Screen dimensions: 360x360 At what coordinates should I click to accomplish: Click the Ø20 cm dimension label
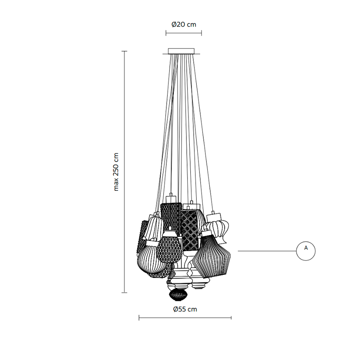(184, 24)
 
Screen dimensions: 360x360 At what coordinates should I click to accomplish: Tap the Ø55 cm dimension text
(185, 309)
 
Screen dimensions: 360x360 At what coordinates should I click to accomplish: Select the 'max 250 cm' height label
(116, 172)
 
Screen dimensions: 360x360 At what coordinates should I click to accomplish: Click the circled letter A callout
(306, 251)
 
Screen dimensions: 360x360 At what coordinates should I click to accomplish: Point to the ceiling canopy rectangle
(181, 51)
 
